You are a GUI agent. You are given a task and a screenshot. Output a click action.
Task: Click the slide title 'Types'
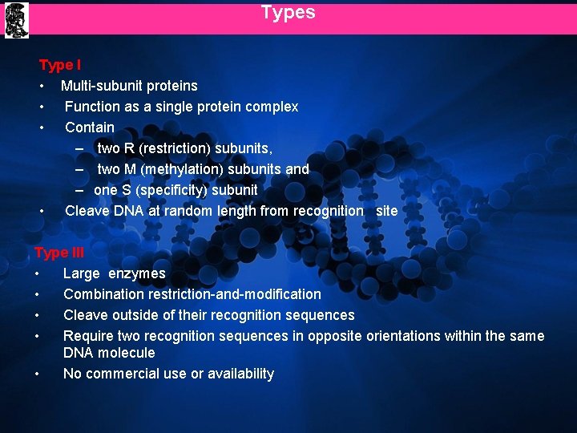(288, 13)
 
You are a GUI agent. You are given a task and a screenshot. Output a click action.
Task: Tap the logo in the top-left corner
(15, 19)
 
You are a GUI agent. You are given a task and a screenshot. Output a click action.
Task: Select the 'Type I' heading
(60, 65)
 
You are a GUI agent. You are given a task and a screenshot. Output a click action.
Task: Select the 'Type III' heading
(59, 253)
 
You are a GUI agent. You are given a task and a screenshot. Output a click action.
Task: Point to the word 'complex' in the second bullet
(272, 107)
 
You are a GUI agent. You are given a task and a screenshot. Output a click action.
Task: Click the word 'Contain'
(90, 127)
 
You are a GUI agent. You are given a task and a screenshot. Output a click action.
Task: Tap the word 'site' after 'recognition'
(386, 211)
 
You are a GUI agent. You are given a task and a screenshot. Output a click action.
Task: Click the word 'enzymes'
(137, 273)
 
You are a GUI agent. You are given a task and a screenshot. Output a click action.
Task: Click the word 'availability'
(238, 374)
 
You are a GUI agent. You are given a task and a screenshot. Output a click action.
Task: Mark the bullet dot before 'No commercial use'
(38, 374)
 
